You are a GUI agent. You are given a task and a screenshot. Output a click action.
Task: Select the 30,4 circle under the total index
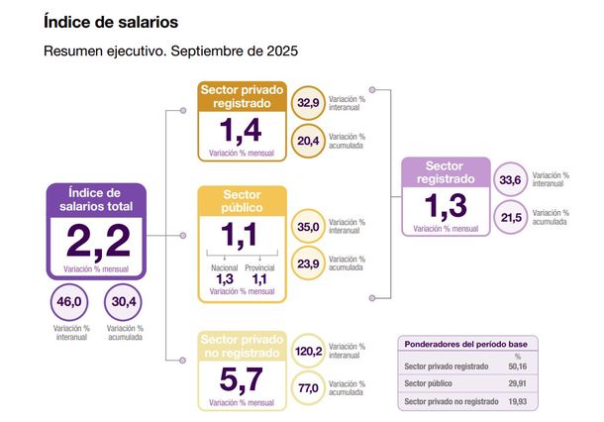124,302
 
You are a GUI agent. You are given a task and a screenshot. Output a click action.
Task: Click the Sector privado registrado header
242,96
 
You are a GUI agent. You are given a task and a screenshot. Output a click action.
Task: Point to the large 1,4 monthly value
242,131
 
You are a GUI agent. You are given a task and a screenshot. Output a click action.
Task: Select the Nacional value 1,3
225,279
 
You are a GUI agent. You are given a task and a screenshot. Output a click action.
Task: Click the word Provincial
259,267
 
